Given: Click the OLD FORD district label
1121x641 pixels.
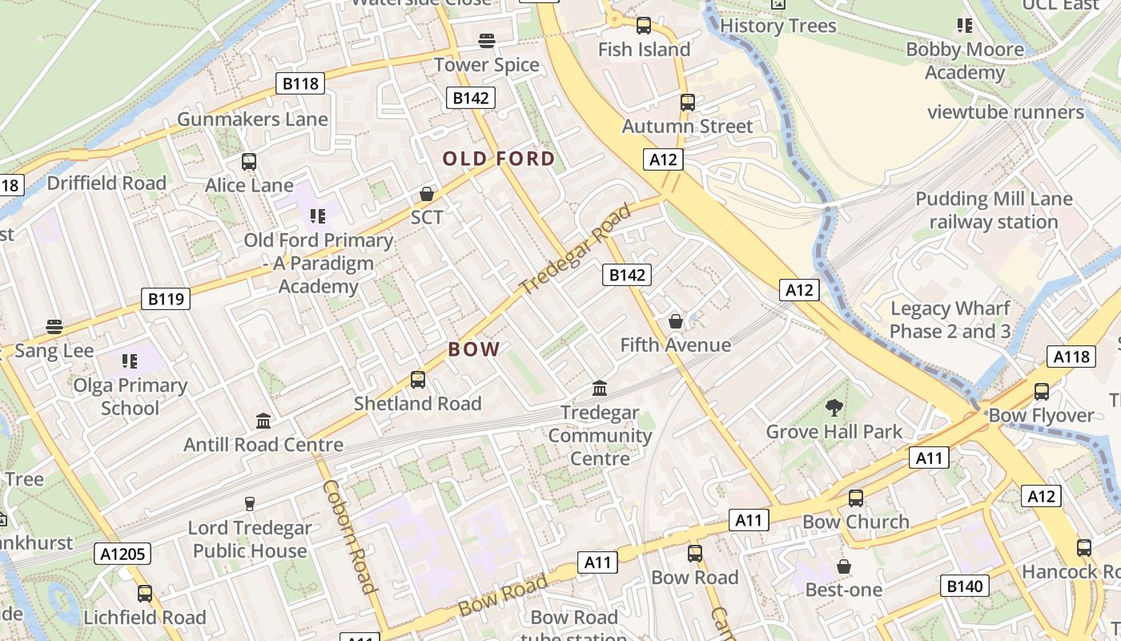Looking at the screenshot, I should [x=499, y=159].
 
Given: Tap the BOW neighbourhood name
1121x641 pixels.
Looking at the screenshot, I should [x=474, y=349].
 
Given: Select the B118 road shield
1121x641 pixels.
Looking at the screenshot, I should [x=301, y=83].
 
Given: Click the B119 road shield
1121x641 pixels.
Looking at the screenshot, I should [x=167, y=299].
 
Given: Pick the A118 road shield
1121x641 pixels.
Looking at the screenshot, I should [x=1071, y=357].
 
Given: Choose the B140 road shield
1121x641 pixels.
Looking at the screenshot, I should [x=964, y=586].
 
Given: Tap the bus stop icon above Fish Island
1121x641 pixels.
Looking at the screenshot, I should [x=644, y=26].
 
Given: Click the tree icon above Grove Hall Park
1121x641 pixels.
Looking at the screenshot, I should [x=834, y=408].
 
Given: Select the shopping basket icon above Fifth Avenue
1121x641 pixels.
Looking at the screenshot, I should [x=676, y=321].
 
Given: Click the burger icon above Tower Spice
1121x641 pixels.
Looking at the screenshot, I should [x=487, y=41].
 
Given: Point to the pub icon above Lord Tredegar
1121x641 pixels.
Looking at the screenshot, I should [x=250, y=504].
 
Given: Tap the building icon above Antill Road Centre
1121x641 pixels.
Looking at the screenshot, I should [x=263, y=421].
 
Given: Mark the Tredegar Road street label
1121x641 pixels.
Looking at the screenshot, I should [x=574, y=249].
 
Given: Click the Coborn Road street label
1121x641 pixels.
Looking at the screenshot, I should [x=350, y=536].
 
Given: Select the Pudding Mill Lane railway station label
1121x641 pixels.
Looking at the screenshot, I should [x=994, y=210].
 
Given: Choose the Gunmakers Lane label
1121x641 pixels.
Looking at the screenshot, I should [x=252, y=119].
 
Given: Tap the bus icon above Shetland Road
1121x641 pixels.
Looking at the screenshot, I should [x=417, y=379].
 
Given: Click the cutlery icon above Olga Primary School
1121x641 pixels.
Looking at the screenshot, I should [x=130, y=361].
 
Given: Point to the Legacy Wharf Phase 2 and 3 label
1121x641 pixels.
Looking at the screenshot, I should [x=950, y=320].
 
